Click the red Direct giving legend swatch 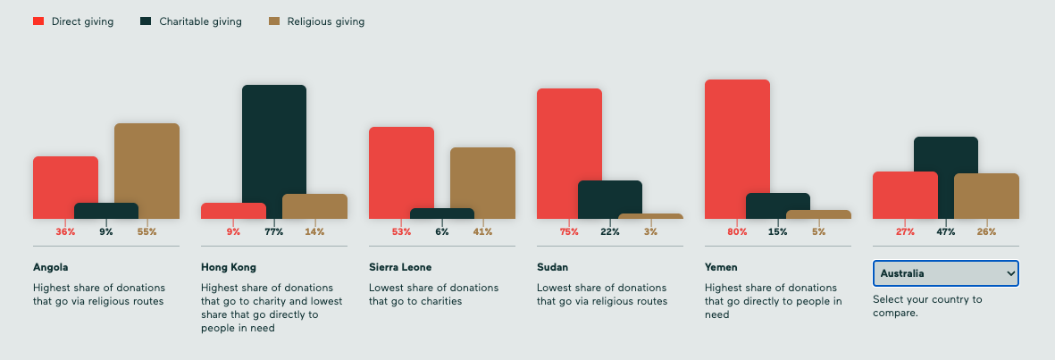pyautogui.click(x=38, y=21)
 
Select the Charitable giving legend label pyautogui.click(x=200, y=21)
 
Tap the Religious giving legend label pyautogui.click(x=325, y=21)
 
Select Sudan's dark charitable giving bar pyautogui.click(x=610, y=198)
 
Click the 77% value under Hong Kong pyautogui.click(x=273, y=232)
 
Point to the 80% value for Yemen pyautogui.click(x=738, y=232)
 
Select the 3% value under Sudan pyautogui.click(x=650, y=232)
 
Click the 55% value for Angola pyautogui.click(x=147, y=232)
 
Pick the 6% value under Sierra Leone pyautogui.click(x=442, y=232)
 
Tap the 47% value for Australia pyautogui.click(x=946, y=232)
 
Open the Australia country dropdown pyautogui.click(x=945, y=273)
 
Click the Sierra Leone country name pyautogui.click(x=399, y=267)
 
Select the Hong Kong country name pyautogui.click(x=229, y=267)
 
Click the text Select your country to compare pyautogui.click(x=927, y=306)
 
